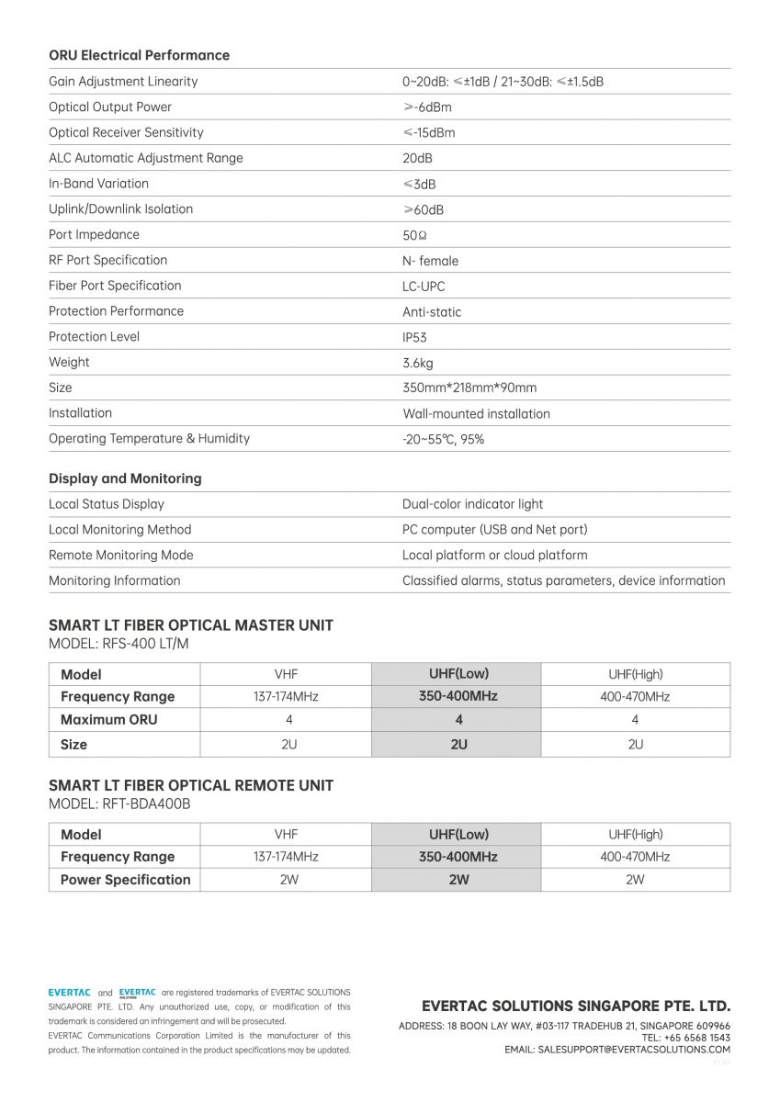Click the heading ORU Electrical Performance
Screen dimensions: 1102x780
[x=139, y=55]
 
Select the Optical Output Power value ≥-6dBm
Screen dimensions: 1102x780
[x=427, y=107]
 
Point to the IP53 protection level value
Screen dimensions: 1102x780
[x=414, y=337]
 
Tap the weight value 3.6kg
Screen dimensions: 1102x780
[x=418, y=363]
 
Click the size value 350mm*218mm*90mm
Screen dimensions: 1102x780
[x=469, y=388]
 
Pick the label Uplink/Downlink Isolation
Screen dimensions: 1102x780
[x=120, y=209]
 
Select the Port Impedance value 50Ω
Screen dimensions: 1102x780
[x=415, y=235]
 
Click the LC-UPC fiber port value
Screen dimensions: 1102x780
[x=424, y=286]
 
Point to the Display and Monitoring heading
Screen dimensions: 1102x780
[x=125, y=478]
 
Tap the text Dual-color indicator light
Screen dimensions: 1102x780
[x=472, y=504]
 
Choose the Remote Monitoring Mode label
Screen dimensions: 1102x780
[x=120, y=555]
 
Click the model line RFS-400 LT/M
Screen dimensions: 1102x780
[x=119, y=644]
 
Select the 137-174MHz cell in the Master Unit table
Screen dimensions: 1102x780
[x=286, y=697]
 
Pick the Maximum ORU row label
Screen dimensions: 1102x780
[x=108, y=720]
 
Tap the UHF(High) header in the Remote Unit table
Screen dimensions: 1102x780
[x=635, y=835]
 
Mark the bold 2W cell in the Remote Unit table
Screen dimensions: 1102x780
[x=458, y=880]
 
